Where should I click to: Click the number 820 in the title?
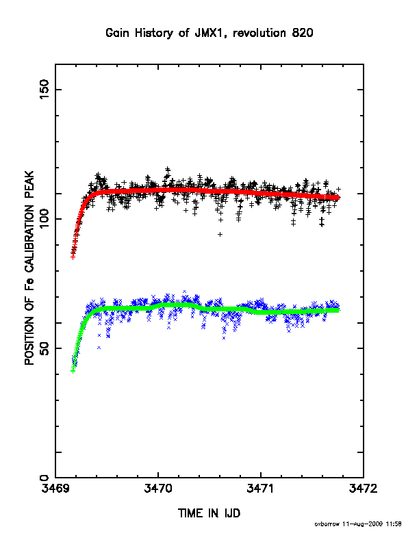[x=303, y=33]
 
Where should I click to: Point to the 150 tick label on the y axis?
[x=45, y=89]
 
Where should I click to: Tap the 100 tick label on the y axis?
[x=45, y=219]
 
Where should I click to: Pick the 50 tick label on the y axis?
[x=45, y=348]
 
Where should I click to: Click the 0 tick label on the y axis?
[x=45, y=478]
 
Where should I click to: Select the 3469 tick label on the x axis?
[x=55, y=489]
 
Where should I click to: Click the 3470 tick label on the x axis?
[x=158, y=489]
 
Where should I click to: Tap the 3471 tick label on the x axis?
[x=261, y=489]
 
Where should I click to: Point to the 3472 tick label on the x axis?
[x=363, y=489]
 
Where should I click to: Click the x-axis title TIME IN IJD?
[x=209, y=513]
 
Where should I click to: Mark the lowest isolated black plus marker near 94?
[x=220, y=234]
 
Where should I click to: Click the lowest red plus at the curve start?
[x=73, y=257]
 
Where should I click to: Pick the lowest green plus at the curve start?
[x=73, y=371]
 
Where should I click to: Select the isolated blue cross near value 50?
[x=99, y=348]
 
